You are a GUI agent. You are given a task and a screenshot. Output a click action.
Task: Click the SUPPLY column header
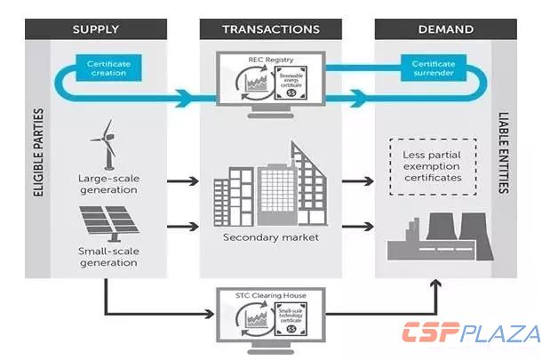pyautogui.click(x=95, y=29)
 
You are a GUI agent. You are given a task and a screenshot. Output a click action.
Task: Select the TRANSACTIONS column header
pyautogui.click(x=271, y=29)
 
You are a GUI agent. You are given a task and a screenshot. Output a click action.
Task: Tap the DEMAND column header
pyautogui.click(x=444, y=29)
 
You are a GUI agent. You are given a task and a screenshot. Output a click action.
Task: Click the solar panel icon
pyautogui.click(x=108, y=222)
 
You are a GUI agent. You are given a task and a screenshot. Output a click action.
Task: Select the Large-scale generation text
pyautogui.click(x=108, y=184)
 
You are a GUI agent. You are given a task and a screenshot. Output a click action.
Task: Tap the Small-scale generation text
pyautogui.click(x=108, y=257)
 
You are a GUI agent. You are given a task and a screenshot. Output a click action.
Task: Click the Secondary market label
pyautogui.click(x=271, y=238)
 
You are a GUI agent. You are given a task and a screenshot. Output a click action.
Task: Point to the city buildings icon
pyautogui.click(x=271, y=188)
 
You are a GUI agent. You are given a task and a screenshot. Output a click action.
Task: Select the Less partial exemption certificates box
pyautogui.click(x=432, y=165)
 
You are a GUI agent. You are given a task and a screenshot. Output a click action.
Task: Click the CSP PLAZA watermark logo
pyautogui.click(x=471, y=334)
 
